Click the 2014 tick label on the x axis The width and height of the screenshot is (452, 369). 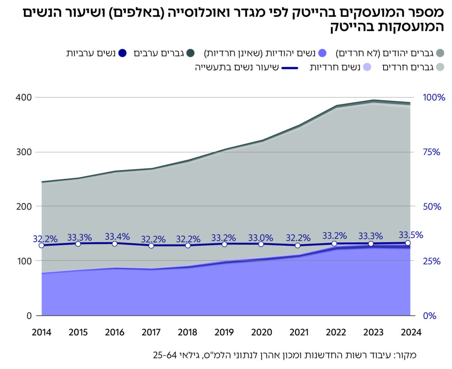(x=41, y=332)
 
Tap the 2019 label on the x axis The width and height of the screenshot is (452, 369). (x=225, y=332)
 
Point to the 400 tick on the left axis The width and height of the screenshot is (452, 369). (x=26, y=97)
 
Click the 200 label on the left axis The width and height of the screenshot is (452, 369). (x=26, y=206)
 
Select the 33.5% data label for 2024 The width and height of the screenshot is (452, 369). (x=411, y=235)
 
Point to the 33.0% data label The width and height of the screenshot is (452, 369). (x=260, y=237)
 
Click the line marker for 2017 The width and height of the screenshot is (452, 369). (x=151, y=245)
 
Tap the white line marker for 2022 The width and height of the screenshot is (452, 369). (x=334, y=243)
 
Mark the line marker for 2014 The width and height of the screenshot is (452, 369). (x=41, y=245)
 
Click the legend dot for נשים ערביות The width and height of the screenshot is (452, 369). (x=123, y=53)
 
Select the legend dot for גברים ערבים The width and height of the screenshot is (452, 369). (x=191, y=53)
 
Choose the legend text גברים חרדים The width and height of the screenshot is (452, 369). (x=408, y=68)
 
